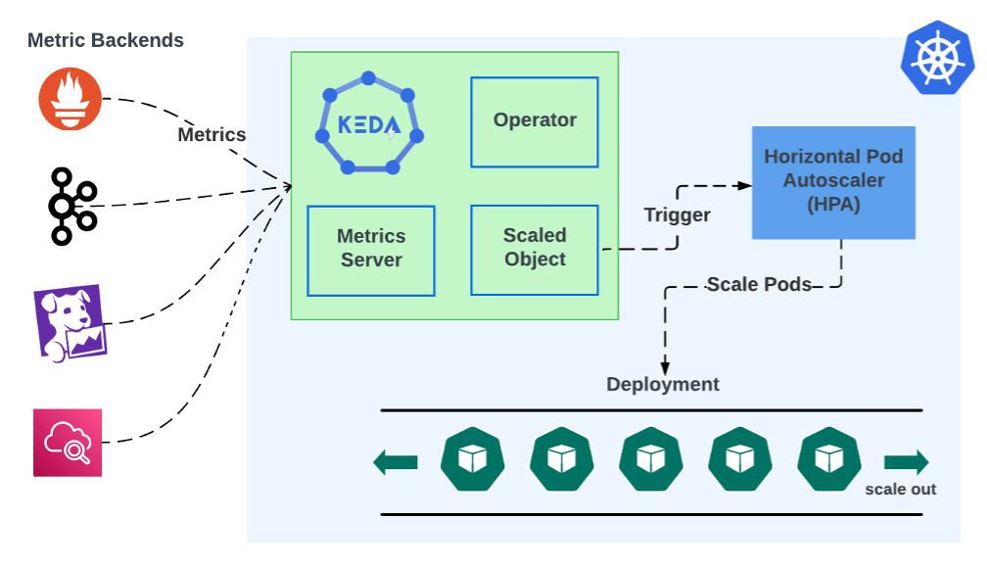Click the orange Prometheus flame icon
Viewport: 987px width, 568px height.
70,100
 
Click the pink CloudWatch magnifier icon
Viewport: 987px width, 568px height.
68,443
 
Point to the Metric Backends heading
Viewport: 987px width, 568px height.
106,40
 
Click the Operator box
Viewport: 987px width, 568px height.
535,121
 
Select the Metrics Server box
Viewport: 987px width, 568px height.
371,249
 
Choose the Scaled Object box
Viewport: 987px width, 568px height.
535,249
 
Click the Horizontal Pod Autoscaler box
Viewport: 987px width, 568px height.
833,182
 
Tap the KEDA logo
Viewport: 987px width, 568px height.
369,124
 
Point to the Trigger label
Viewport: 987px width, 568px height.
677,214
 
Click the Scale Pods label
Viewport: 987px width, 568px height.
759,285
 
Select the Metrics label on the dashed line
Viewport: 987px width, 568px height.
211,135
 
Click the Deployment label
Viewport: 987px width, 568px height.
663,384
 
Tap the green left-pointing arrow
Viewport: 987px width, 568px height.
396,461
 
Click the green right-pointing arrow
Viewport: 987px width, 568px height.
906,461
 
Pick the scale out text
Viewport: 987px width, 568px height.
900,489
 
